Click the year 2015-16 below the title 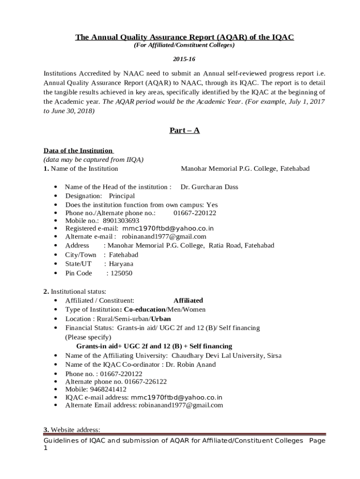point(184,60)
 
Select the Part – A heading point(184,131)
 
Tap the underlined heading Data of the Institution point(78,150)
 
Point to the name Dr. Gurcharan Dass point(209,187)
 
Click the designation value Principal point(122,196)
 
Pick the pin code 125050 point(119,273)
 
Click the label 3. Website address point(72,429)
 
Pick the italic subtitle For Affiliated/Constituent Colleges point(184,45)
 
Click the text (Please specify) point(88,337)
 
